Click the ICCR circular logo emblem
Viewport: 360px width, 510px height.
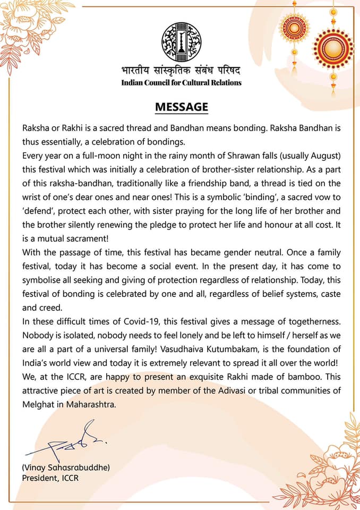pyautogui.click(x=182, y=41)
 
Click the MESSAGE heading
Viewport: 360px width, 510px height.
pyautogui.click(x=181, y=107)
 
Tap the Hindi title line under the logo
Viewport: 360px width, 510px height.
pyautogui.click(x=181, y=71)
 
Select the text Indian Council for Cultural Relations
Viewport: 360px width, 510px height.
pyautogui.click(x=181, y=83)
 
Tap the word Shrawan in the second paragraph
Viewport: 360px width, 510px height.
pyautogui.click(x=247, y=155)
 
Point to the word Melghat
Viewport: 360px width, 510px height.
pyautogui.click(x=38, y=403)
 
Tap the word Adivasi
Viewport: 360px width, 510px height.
pyautogui.click(x=220, y=389)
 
